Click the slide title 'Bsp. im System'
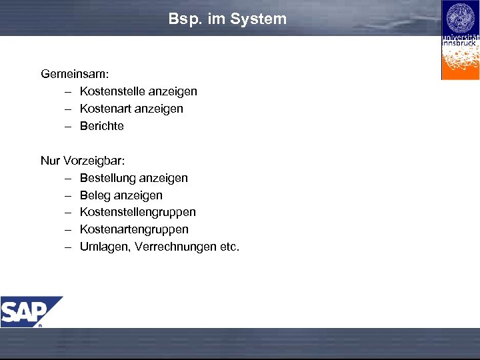(x=227, y=19)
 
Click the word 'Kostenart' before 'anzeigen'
(x=105, y=109)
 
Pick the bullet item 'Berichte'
(x=101, y=126)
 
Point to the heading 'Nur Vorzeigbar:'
(x=83, y=161)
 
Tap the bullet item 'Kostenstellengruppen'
(x=137, y=212)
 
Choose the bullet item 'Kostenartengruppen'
(x=134, y=229)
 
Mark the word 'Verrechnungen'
(x=175, y=247)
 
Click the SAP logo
(x=31, y=311)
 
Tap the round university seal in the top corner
(x=460, y=18)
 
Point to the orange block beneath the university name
(x=460, y=63)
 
